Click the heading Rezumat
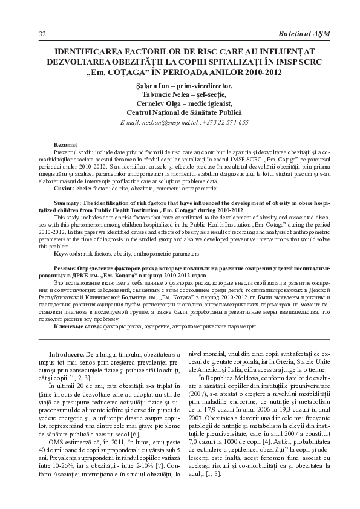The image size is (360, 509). click(x=65, y=145)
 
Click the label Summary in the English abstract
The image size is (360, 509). click(x=67, y=203)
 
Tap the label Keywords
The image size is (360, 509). click(x=68, y=253)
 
